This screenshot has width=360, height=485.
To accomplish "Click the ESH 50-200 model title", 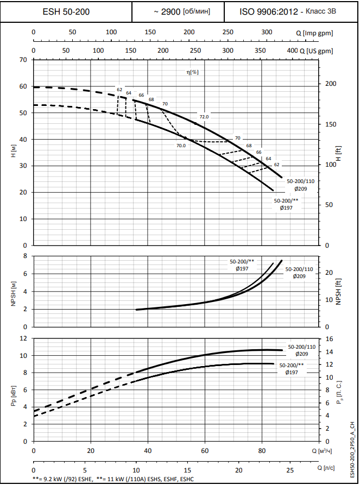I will click(66, 11).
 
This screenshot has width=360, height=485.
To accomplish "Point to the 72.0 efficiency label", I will click(204, 117).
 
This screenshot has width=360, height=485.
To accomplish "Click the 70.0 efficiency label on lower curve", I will click(181, 146).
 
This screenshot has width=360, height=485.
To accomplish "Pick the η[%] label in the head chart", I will click(192, 72).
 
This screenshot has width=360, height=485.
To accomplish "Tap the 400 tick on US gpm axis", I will click(292, 51).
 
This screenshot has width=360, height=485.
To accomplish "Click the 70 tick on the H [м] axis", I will click(23, 59).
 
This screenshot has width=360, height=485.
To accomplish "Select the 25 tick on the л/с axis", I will click(290, 469).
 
